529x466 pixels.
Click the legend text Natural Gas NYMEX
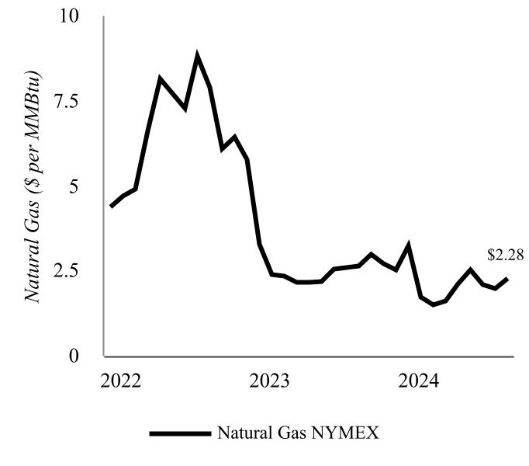(x=298, y=433)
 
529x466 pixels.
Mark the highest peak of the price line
(x=198, y=56)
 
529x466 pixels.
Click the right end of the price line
(x=507, y=278)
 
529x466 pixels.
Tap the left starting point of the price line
(x=111, y=207)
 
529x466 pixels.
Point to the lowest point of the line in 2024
(x=433, y=304)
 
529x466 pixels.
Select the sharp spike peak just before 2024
(x=408, y=245)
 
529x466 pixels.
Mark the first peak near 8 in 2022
(x=160, y=78)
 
